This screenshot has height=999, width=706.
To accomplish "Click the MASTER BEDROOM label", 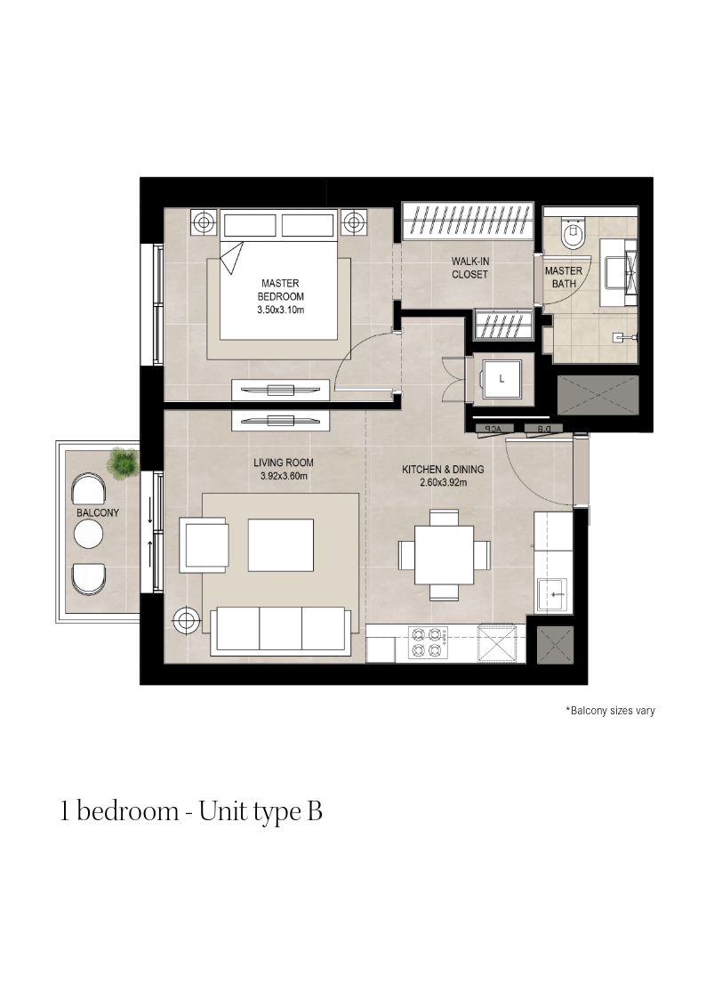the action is point(280,290).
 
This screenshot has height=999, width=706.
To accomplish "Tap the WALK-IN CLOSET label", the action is point(469,268).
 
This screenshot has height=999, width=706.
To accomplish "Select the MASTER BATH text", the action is point(564,278).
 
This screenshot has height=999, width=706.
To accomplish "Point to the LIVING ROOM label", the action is point(284,463).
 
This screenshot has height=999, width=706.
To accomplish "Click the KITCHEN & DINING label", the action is point(443,470).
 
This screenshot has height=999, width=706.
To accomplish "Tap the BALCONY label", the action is point(98,513).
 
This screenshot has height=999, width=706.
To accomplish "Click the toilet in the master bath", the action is point(573,233).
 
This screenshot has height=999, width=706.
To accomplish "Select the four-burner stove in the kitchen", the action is point(427,642).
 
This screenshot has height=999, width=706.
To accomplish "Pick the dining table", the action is point(445,555).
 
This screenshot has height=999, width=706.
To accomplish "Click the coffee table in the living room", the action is point(281,544).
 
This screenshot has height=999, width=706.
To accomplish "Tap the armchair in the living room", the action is point(204,544).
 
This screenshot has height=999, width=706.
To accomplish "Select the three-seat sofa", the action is point(280,631).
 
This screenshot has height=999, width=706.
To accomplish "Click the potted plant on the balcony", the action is point(124,463).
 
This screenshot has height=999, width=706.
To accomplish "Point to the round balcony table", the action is point(89,534).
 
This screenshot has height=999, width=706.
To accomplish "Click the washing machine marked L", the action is point(501,380).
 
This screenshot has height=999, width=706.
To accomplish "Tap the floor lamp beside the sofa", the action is point(186,618).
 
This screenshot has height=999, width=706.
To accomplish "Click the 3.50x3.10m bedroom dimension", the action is point(281,310).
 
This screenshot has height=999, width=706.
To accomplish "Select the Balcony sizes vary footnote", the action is point(611,711).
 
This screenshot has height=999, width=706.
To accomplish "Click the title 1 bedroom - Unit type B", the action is point(191,811).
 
